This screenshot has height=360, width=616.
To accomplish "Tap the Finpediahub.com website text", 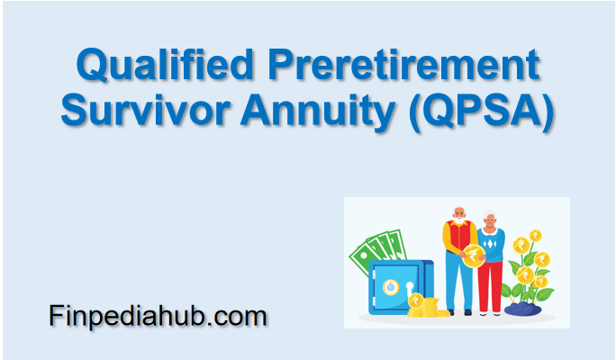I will click(158, 316).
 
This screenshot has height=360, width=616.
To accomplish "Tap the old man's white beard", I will click(459, 220).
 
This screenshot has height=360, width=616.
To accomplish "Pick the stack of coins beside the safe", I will click(427, 306).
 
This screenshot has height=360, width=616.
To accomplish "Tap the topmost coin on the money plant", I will click(535, 235).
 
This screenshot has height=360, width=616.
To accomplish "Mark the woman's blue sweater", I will click(491, 243).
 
